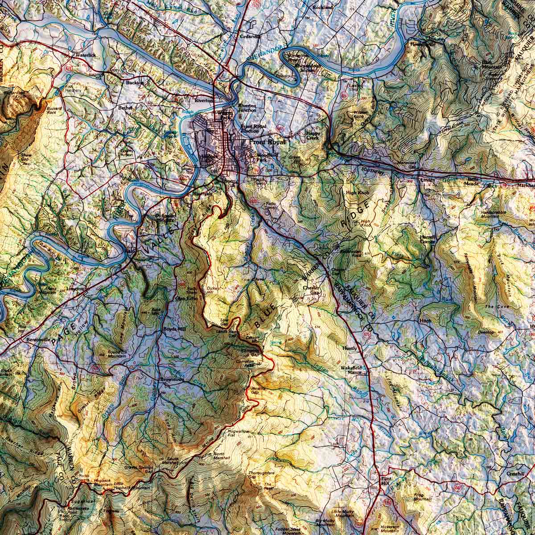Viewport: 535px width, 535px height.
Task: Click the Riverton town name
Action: pos(205,101)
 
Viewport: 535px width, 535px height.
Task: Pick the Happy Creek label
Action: pos(313,136)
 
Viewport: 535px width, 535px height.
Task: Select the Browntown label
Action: pos(172,379)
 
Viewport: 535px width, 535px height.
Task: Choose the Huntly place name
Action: pos(350,348)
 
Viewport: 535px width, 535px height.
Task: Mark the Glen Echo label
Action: pos(186,298)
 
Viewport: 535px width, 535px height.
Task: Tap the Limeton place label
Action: pos(75,288)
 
